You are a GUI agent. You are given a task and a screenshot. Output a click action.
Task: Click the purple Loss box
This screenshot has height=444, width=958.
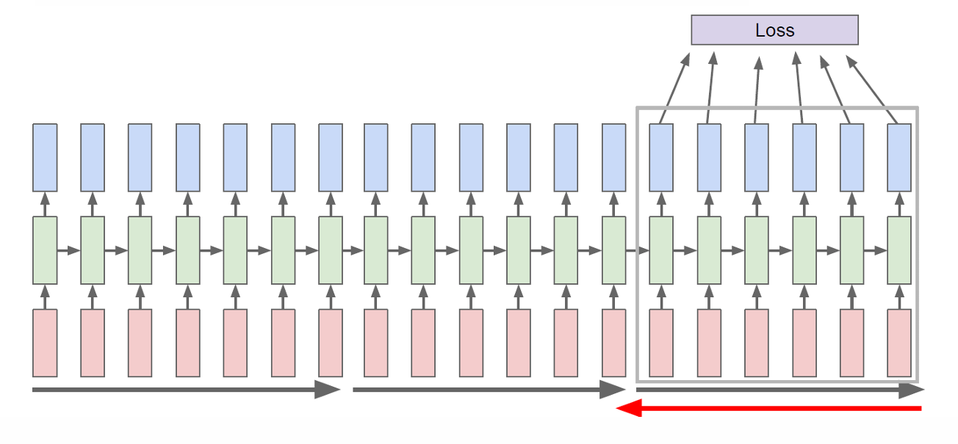[x=774, y=30]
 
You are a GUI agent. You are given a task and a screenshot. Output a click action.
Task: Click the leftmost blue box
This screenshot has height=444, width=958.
[x=45, y=157]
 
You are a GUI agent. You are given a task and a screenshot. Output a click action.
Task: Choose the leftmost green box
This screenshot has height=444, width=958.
[x=45, y=250]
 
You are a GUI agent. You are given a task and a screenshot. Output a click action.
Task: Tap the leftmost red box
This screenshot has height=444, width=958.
[x=45, y=343]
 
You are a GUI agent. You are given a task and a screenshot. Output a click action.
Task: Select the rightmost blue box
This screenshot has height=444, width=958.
[x=899, y=157]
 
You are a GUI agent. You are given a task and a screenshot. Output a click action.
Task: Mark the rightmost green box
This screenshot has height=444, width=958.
[x=899, y=250]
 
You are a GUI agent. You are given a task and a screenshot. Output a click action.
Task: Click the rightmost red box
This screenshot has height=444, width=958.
[x=899, y=343]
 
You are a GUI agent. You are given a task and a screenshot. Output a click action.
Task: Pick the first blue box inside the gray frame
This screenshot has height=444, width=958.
[x=661, y=157]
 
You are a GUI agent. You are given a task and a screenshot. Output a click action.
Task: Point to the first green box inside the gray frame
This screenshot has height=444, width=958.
[x=661, y=250]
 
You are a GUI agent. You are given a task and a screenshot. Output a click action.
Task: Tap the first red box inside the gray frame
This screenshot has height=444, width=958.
[x=661, y=343]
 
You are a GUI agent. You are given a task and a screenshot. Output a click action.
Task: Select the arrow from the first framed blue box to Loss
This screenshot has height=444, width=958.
[x=675, y=87]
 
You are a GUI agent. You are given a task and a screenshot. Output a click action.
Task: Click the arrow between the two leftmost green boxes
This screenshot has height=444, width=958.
[x=68, y=251]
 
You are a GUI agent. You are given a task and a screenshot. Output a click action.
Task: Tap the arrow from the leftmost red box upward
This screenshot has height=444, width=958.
[x=45, y=297]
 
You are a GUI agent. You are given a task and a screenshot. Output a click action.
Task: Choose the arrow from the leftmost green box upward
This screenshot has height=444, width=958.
[x=45, y=204]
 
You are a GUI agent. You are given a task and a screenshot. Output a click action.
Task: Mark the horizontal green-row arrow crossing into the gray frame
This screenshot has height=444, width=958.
[x=638, y=251]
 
